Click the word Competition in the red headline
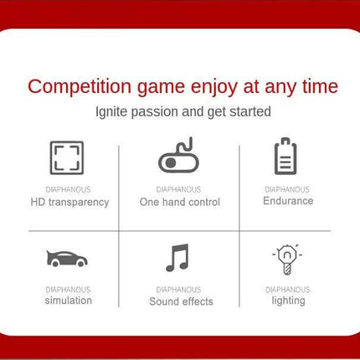click(x=80, y=87)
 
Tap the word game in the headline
click(x=161, y=89)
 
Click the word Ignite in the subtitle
click(x=111, y=112)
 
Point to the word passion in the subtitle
click(x=155, y=112)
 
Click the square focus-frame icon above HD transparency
click(x=67, y=142)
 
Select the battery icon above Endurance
click(x=285, y=156)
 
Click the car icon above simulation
click(x=67, y=259)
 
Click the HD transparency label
click(x=69, y=203)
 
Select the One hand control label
click(x=180, y=202)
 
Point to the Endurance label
click(x=288, y=201)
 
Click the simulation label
click(x=69, y=301)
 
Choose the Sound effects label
click(x=181, y=301)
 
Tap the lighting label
click(x=289, y=301)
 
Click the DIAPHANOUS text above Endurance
click(x=287, y=190)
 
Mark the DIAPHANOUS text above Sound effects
click(x=178, y=290)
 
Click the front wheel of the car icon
click(x=81, y=263)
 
